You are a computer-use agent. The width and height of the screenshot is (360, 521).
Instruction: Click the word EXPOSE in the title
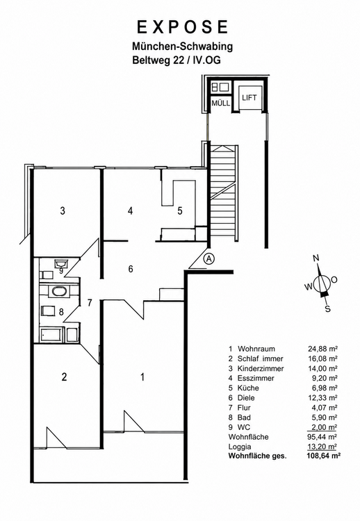click(183, 27)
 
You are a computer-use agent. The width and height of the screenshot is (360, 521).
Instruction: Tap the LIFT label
click(249, 98)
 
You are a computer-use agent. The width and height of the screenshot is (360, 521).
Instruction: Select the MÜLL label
click(221, 103)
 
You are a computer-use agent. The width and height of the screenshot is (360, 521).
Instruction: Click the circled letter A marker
click(208, 258)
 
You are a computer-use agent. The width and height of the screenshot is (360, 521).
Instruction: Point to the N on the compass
click(316, 258)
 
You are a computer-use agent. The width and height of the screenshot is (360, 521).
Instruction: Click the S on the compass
click(327, 309)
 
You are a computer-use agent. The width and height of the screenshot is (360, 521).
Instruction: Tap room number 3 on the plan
click(63, 210)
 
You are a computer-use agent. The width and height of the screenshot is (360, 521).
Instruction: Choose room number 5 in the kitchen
click(180, 210)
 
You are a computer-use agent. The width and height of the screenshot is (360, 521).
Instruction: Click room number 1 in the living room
click(142, 377)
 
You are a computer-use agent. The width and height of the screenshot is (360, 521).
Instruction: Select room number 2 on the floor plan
click(64, 377)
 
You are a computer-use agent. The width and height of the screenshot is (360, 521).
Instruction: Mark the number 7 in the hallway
click(90, 303)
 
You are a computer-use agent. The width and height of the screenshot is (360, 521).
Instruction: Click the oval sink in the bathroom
click(58, 292)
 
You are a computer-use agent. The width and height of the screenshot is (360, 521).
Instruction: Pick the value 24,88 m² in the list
click(322, 349)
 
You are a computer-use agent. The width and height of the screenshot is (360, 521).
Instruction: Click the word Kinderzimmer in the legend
click(261, 368)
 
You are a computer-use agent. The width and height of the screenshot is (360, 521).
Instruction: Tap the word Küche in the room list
click(248, 388)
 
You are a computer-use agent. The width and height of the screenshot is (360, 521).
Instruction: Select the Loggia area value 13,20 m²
click(322, 447)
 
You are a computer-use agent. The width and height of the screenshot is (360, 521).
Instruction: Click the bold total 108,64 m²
click(322, 456)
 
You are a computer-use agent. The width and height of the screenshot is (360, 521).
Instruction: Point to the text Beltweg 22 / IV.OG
click(177, 60)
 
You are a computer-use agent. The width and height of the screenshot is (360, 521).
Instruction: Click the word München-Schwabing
click(182, 46)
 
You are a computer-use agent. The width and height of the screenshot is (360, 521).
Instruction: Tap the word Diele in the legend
click(246, 398)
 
